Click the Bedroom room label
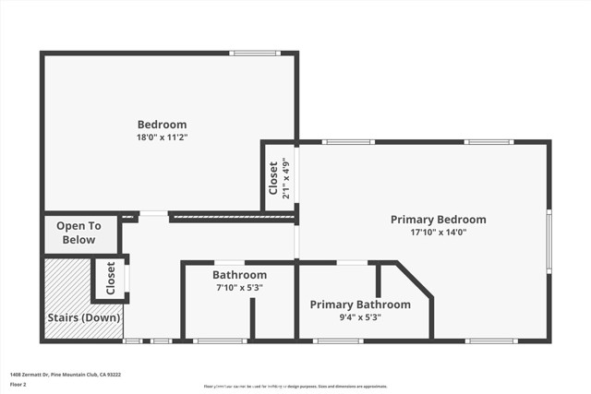tap(162, 125)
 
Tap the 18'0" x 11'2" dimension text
tap(162, 137)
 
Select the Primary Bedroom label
tap(438, 220)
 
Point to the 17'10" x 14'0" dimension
tap(438, 233)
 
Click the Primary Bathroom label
tap(360, 304)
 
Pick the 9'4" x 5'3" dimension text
tap(360, 317)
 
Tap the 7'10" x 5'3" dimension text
tap(239, 288)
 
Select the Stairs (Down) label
tap(83, 318)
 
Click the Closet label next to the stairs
tap(111, 278)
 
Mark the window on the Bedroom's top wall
tap(255, 53)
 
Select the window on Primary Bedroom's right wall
tap(549, 241)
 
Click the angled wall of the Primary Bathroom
tap(415, 281)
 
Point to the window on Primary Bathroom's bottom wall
tap(337, 341)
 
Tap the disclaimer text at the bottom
tap(295, 386)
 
